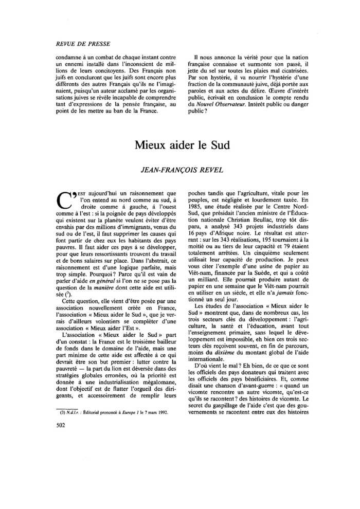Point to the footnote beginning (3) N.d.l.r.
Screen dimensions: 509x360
(x=111, y=413)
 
